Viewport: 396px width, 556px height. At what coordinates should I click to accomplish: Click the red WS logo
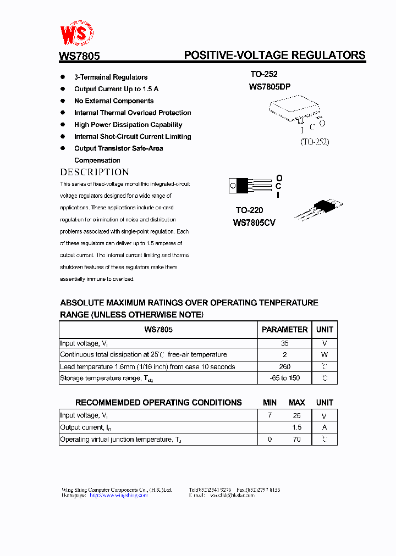[x=76, y=34]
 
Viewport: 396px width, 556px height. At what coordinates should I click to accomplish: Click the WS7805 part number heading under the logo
[x=79, y=56]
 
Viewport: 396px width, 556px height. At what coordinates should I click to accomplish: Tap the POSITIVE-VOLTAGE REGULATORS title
[x=274, y=55]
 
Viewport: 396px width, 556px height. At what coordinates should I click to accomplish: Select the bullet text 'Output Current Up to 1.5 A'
[x=116, y=89]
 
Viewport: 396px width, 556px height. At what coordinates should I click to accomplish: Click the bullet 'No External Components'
[x=114, y=101]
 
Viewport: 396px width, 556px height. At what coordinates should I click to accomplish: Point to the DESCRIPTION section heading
[x=95, y=172]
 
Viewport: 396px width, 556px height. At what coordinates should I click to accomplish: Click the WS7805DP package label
[x=269, y=87]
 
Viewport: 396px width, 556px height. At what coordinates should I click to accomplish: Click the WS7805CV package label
[x=254, y=223]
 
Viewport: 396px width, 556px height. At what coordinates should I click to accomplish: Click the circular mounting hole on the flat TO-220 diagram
[x=233, y=186]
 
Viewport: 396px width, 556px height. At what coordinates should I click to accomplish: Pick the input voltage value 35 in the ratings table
[x=284, y=343]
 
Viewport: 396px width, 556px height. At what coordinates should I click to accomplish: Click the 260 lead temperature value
[x=284, y=366]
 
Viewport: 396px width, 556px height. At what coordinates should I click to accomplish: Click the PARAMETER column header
[x=284, y=330]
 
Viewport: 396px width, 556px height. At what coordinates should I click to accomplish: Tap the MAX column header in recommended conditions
[x=296, y=403]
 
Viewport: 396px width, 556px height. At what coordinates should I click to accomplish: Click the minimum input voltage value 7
[x=269, y=416]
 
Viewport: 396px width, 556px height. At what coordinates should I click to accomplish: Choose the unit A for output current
[x=324, y=427]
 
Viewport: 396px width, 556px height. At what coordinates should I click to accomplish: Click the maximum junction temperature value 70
[x=296, y=440]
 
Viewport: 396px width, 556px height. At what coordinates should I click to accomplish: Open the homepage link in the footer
[x=118, y=495]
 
